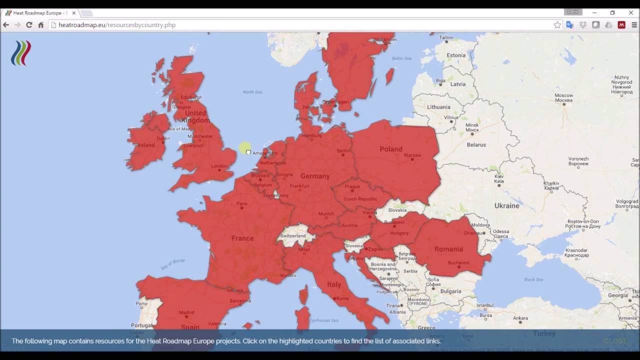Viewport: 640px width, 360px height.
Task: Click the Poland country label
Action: point(390,149)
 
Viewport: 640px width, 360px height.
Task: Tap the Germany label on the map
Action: point(315,176)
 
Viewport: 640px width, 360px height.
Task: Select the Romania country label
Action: point(448,249)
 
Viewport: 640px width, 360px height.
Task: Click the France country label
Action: point(242,238)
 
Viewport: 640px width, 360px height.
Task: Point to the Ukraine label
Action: point(506,205)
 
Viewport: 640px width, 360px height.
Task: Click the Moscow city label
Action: point(563,95)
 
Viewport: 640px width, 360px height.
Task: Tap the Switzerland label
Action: point(293,236)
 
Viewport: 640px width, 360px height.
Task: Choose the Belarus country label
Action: point(476,145)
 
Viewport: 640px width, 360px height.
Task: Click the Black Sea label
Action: point(533,279)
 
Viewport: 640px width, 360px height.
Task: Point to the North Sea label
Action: point(252,92)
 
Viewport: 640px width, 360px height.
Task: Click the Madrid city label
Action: point(186,312)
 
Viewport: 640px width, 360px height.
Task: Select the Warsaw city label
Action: point(412,155)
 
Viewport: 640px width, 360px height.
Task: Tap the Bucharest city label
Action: point(458,263)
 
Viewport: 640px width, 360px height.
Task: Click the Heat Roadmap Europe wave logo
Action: point(21,53)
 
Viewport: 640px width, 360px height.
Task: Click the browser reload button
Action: point(29,25)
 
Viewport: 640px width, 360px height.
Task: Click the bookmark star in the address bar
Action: point(557,25)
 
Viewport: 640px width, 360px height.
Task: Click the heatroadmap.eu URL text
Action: point(117,25)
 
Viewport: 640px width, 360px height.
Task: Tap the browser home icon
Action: point(41,25)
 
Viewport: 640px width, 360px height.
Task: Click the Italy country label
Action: point(334,284)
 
